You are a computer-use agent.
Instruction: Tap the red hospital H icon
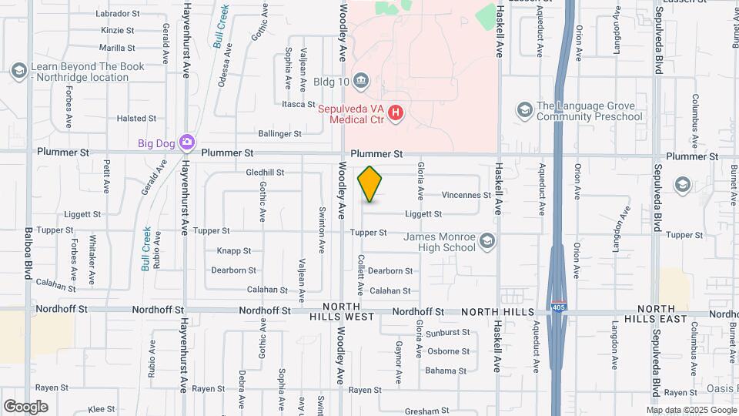396,114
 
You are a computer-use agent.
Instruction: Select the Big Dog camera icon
186,142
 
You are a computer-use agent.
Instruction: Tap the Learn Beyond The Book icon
18,72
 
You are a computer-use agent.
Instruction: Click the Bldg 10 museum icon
363,81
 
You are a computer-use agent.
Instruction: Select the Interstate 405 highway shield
557,307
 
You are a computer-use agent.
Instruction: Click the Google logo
25,407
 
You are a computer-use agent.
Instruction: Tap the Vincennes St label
466,196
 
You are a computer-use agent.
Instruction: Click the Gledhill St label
265,173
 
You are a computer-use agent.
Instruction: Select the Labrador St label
118,13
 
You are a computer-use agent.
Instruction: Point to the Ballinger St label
279,134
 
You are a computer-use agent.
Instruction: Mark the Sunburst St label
447,333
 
